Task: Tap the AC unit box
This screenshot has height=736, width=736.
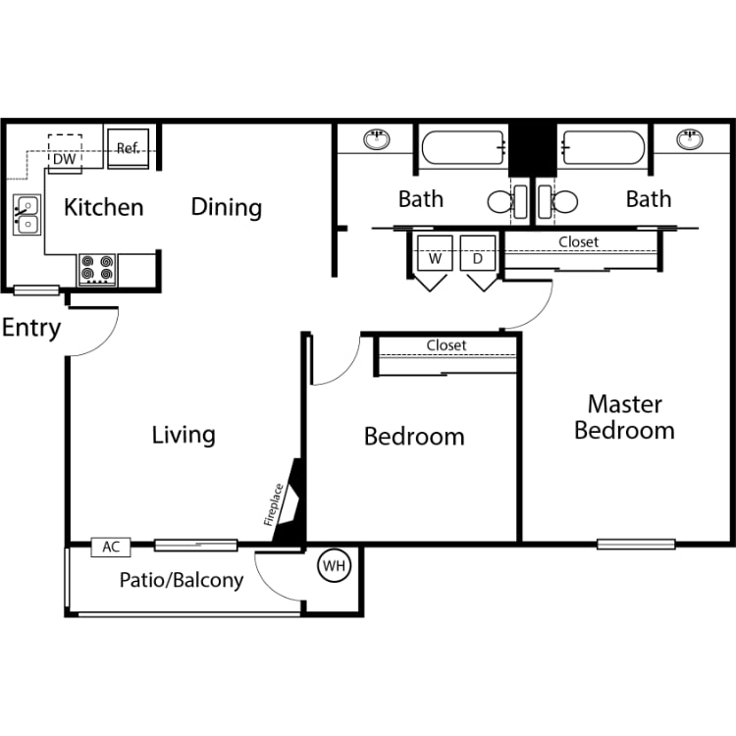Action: tap(110, 548)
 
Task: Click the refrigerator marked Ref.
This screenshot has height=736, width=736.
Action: tap(128, 148)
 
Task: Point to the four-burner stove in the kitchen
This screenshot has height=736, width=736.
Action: tap(97, 269)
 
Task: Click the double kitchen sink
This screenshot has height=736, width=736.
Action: tap(26, 215)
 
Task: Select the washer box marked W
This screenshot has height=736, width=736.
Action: tap(435, 259)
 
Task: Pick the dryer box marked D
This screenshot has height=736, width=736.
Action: tap(478, 259)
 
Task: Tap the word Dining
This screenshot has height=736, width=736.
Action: tap(226, 207)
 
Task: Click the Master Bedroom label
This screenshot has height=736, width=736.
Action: tap(624, 417)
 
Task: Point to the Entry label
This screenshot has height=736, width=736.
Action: tap(31, 328)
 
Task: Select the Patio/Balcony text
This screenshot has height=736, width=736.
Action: tap(182, 580)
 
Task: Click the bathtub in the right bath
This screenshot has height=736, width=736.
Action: tap(604, 148)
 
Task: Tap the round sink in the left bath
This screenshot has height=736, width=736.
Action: tap(376, 139)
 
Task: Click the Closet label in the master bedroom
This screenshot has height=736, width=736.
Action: tap(578, 241)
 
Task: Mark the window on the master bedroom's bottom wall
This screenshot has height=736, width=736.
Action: tap(636, 543)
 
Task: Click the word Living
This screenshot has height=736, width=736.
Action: tap(184, 434)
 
